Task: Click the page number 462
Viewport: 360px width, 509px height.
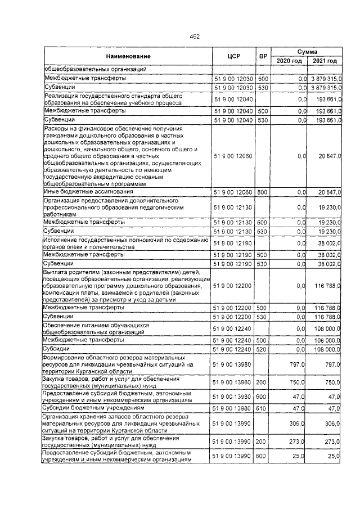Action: click(179, 37)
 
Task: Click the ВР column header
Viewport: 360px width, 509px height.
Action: click(263, 56)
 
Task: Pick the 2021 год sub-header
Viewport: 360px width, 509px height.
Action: click(325, 61)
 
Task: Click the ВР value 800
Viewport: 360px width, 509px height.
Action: click(263, 192)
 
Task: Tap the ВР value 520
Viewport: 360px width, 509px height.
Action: click(263, 349)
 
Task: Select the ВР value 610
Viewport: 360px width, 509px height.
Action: click(263, 407)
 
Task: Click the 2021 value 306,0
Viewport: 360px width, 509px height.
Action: click(332, 423)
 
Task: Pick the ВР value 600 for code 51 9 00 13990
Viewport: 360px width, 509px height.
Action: click(263, 456)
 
